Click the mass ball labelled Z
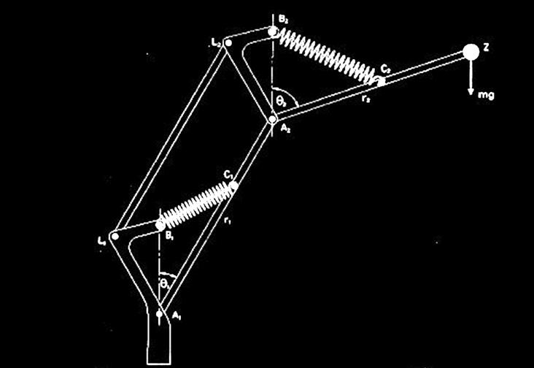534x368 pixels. (x=470, y=52)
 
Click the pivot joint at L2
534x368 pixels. (x=228, y=43)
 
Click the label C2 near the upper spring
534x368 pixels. (x=386, y=68)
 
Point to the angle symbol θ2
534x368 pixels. (x=278, y=98)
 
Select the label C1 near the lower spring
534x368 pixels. (x=228, y=175)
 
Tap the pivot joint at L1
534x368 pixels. (x=114, y=234)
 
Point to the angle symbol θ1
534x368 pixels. (x=165, y=279)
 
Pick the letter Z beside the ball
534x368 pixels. (x=487, y=48)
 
